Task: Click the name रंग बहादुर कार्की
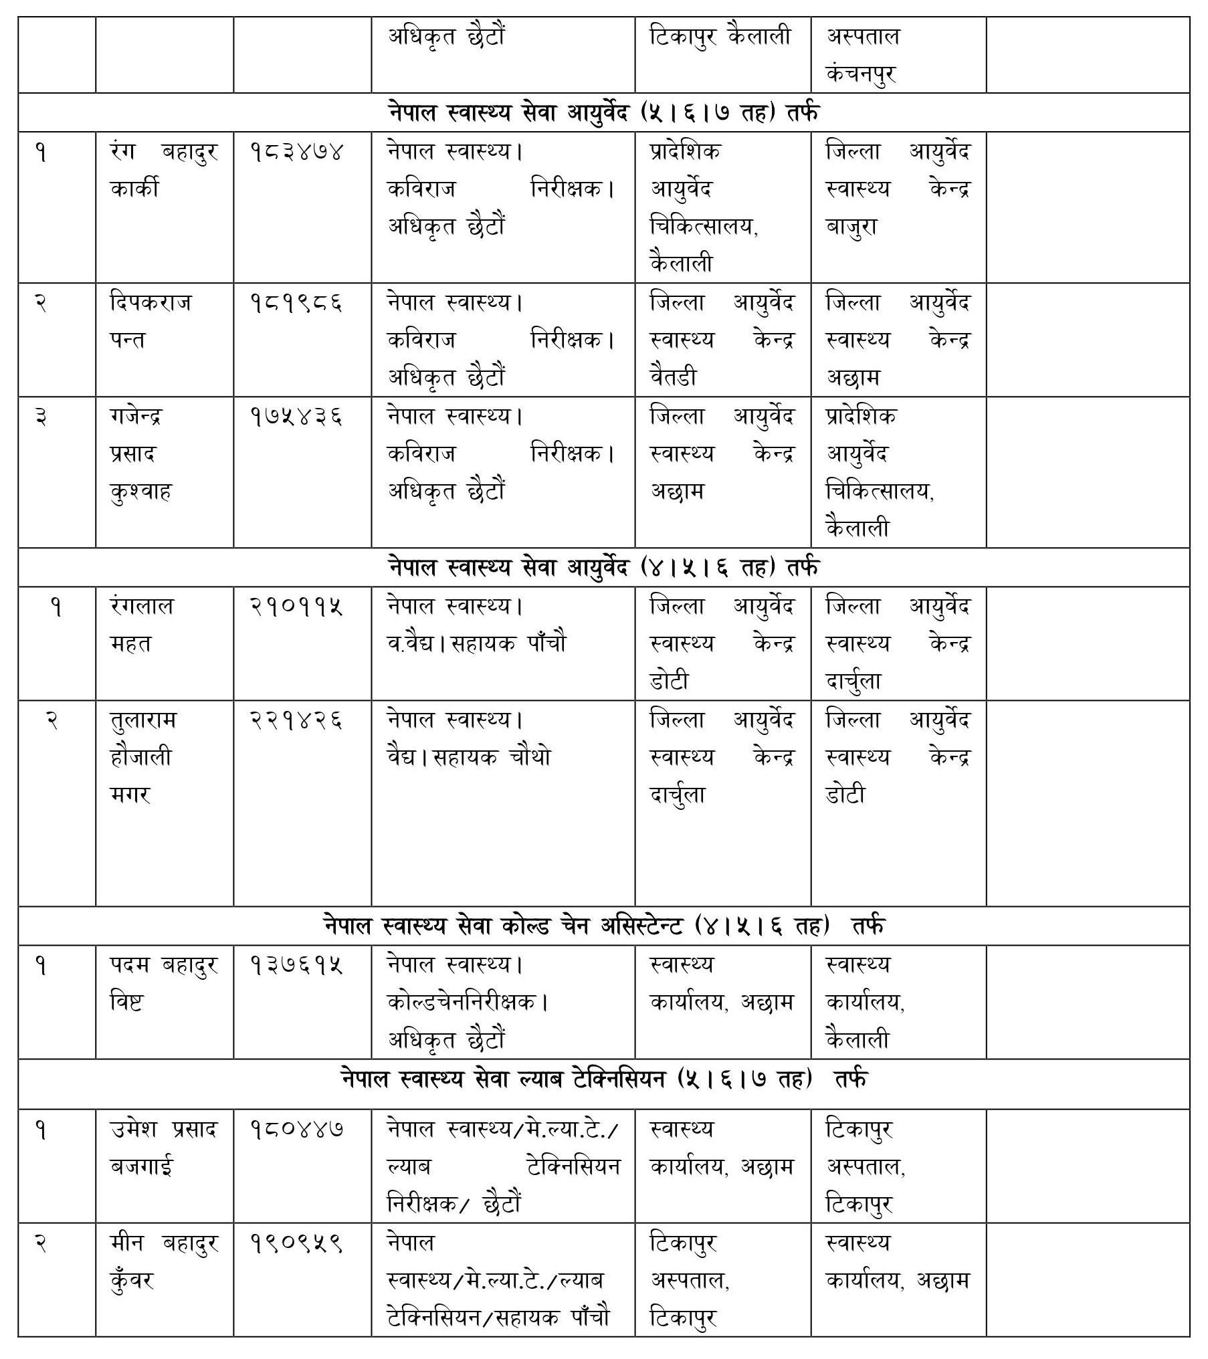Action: point(164,171)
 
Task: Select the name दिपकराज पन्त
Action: point(150,322)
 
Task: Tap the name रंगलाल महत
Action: point(142,625)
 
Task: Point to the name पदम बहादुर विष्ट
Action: point(164,984)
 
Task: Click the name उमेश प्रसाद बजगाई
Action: point(164,1148)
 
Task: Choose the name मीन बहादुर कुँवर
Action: point(164,1262)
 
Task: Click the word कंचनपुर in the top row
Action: point(862,74)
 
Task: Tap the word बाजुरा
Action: point(851,227)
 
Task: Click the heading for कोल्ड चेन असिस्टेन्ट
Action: point(603,926)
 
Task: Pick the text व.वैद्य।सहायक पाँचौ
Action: point(476,644)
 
